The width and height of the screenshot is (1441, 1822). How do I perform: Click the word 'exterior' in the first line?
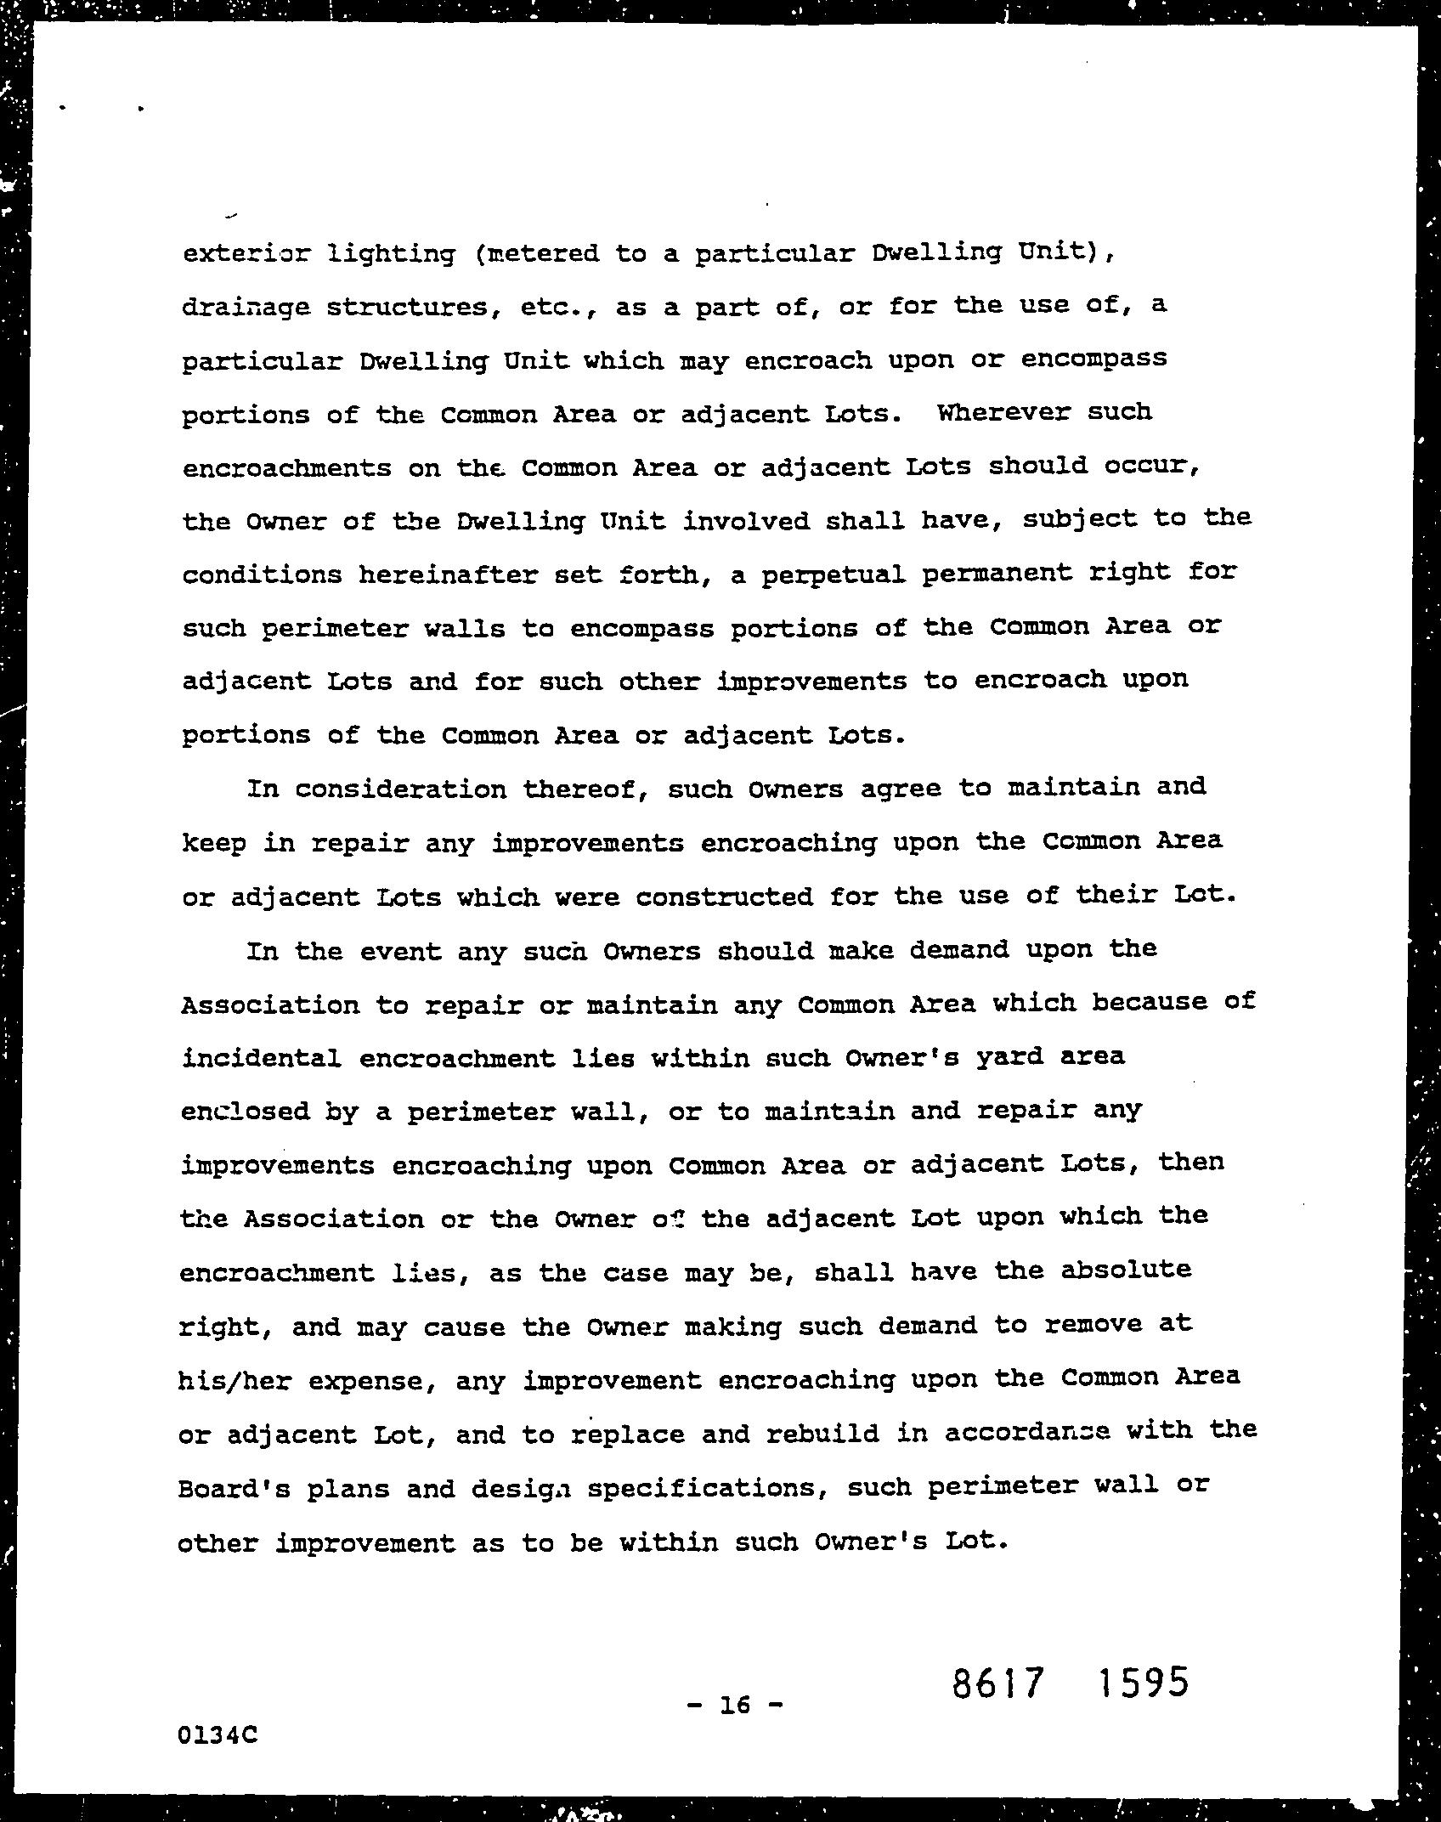point(235,254)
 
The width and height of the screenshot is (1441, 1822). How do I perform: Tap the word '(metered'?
point(534,254)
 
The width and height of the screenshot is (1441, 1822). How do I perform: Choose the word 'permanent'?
point(993,574)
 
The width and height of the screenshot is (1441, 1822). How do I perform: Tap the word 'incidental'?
point(261,1059)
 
